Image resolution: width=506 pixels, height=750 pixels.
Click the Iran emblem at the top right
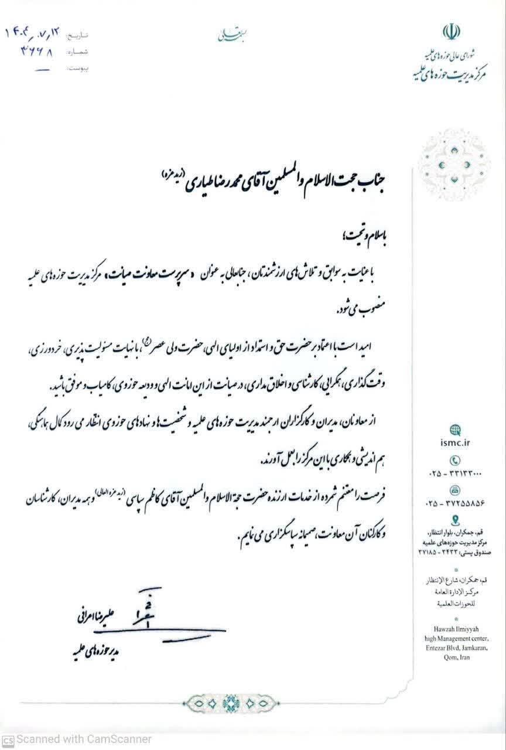(x=451, y=32)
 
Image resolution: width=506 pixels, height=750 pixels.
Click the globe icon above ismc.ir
(x=455, y=430)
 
